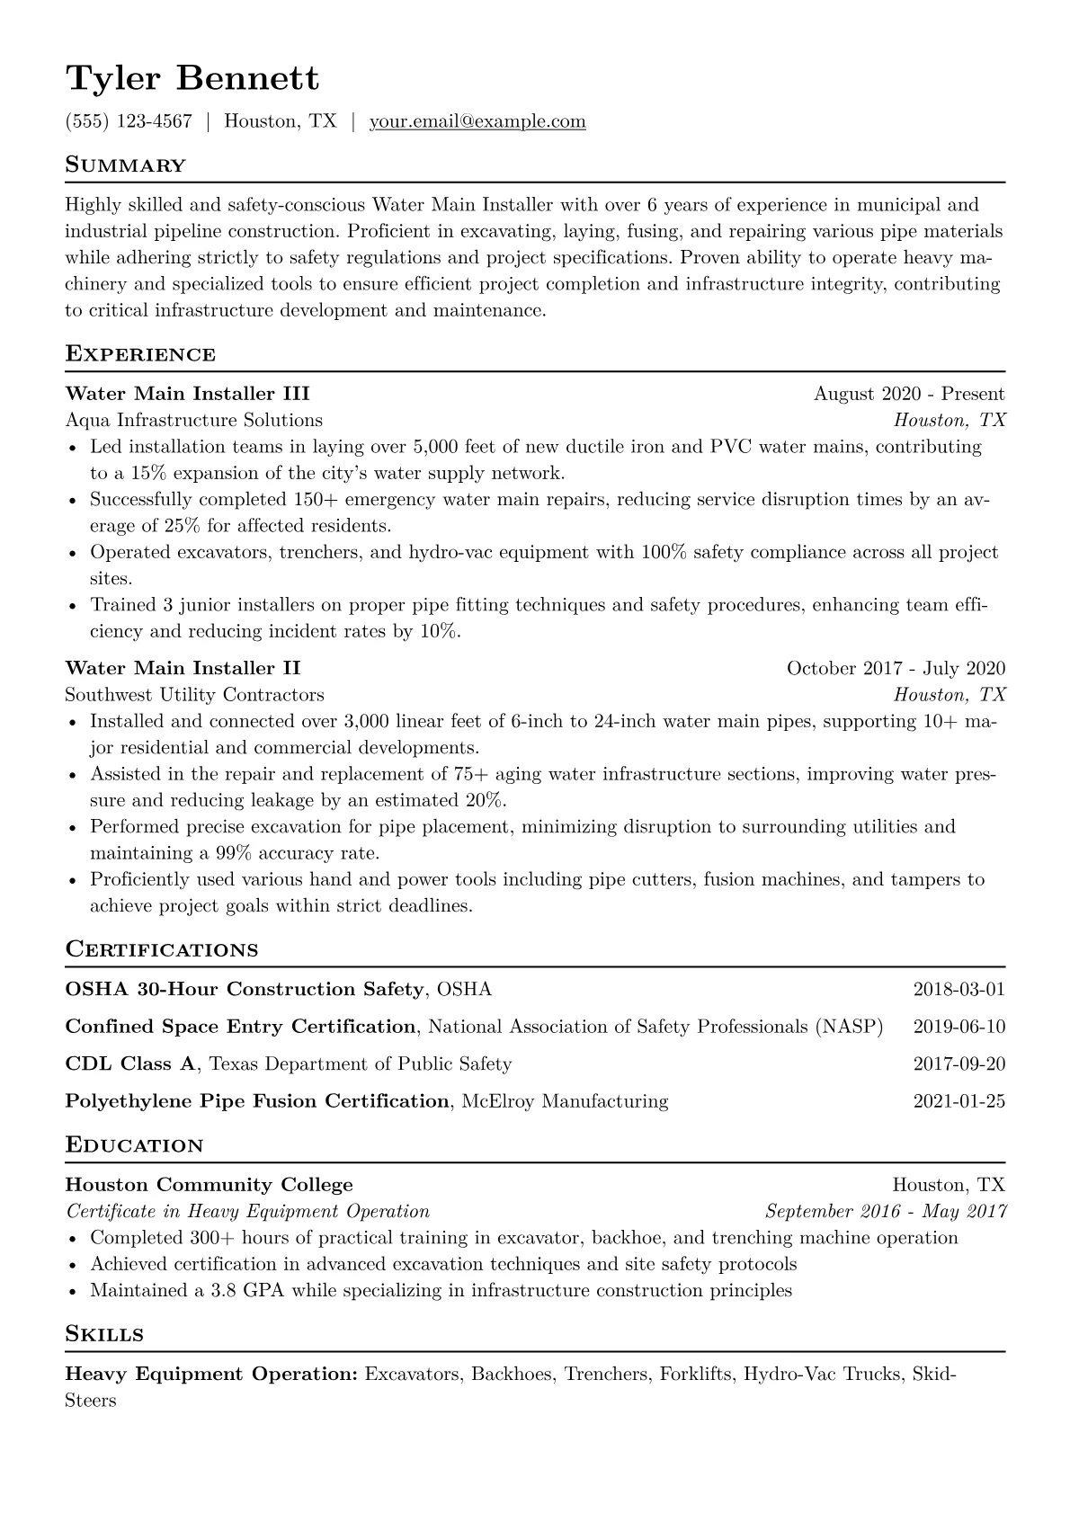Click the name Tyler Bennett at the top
coord(192,78)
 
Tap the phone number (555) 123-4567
coord(129,121)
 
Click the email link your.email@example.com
coord(477,121)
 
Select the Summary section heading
coord(125,165)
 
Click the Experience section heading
coord(140,354)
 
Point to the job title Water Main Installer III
coord(187,394)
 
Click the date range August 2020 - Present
coord(909,394)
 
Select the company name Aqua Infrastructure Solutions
coord(193,420)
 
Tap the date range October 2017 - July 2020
coord(896,668)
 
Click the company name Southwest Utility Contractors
coord(194,695)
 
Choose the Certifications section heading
coord(162,950)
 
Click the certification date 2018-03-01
coord(959,990)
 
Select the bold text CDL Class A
coord(130,1064)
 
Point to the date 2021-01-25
coord(959,1101)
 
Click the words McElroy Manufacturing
coord(565,1101)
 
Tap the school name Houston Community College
coord(209,1185)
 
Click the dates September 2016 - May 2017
coord(885,1212)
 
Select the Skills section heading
coord(104,1334)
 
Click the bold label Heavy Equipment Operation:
coord(212,1375)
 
